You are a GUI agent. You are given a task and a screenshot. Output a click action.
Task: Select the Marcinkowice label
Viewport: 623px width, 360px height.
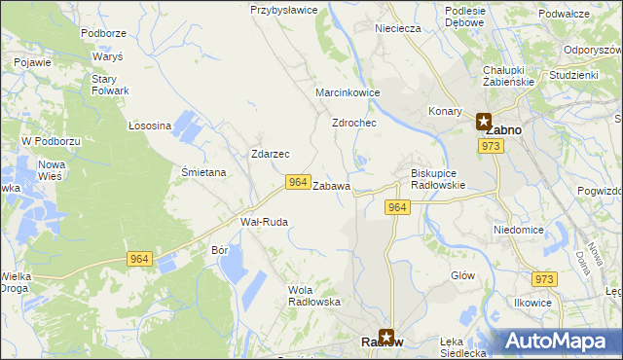348,92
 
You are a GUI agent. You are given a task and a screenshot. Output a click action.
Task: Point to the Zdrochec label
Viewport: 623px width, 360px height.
354,124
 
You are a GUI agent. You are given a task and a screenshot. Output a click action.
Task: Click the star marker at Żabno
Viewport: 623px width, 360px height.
484,123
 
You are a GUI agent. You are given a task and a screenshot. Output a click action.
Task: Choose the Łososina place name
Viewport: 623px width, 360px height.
150,126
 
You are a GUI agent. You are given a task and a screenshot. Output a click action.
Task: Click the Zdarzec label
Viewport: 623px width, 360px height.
270,154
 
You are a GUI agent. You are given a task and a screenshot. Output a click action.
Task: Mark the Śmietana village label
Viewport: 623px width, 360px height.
203,172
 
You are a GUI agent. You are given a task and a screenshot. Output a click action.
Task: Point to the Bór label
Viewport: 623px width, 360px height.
219,249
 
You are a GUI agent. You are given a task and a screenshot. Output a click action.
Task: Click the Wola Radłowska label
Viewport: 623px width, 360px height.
314,295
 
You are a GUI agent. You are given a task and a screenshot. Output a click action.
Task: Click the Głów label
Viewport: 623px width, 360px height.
462,275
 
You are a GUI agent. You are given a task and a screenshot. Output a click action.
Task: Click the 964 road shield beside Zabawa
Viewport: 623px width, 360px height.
298,182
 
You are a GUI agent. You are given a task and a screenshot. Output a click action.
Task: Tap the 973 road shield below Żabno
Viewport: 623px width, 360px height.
491,146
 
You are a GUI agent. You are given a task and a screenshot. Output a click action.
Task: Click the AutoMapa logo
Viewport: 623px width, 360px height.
562,340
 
